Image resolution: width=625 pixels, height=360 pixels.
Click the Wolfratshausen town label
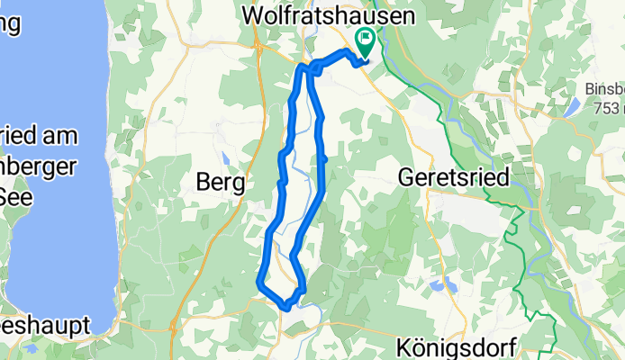click(329, 16)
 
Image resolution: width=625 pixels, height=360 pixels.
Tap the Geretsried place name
click(453, 178)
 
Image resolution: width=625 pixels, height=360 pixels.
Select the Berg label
click(221, 183)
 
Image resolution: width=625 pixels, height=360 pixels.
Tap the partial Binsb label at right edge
click(604, 89)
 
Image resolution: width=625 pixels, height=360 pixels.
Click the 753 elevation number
click(609, 107)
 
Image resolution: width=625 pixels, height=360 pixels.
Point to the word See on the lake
click(15, 195)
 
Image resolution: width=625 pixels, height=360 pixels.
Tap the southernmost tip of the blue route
click(286, 307)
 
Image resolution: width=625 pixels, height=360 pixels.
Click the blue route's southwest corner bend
click(260, 281)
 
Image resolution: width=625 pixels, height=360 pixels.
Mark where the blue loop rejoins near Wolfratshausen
click(305, 67)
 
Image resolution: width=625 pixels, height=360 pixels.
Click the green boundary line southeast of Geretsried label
click(513, 225)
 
